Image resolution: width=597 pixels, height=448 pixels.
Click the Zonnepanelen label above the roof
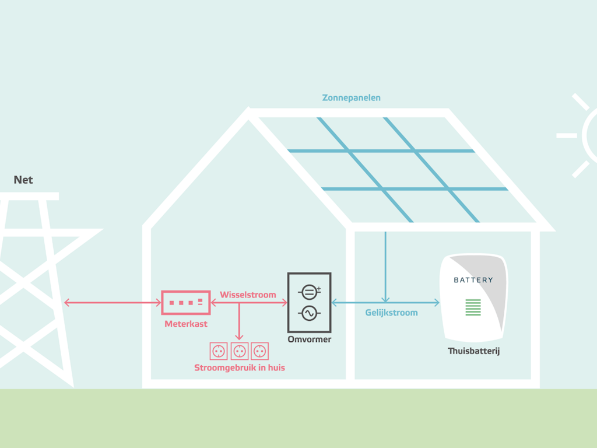coord(351,98)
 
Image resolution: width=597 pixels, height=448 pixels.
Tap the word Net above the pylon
coord(23,180)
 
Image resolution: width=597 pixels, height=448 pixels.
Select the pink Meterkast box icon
coord(186,303)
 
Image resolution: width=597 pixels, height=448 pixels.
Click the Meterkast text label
coord(186,324)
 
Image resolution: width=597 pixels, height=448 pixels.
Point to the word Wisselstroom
coord(248,295)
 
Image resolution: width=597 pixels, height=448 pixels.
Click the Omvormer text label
coord(309,339)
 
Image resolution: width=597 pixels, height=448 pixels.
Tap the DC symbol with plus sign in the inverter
coord(309,292)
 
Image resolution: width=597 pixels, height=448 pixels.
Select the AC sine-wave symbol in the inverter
coord(309,313)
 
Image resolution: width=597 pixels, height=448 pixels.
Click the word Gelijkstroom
coord(391,313)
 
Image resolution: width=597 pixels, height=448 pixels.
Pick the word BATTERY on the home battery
coord(473,280)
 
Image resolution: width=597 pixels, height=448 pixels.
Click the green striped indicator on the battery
coord(473,307)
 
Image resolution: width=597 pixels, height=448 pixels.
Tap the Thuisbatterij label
coord(473,351)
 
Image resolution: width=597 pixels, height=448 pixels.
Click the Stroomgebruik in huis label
coord(240,367)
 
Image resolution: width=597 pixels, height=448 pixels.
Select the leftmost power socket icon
coord(219,351)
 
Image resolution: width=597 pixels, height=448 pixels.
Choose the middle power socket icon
coord(240,351)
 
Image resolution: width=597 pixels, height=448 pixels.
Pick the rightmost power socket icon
coord(259,351)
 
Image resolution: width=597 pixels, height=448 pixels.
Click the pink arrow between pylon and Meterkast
coord(113,303)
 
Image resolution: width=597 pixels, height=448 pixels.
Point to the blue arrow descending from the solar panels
coord(385,267)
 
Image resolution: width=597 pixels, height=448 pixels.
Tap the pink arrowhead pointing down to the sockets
coord(239,337)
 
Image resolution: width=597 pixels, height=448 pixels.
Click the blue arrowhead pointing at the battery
coord(437,303)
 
